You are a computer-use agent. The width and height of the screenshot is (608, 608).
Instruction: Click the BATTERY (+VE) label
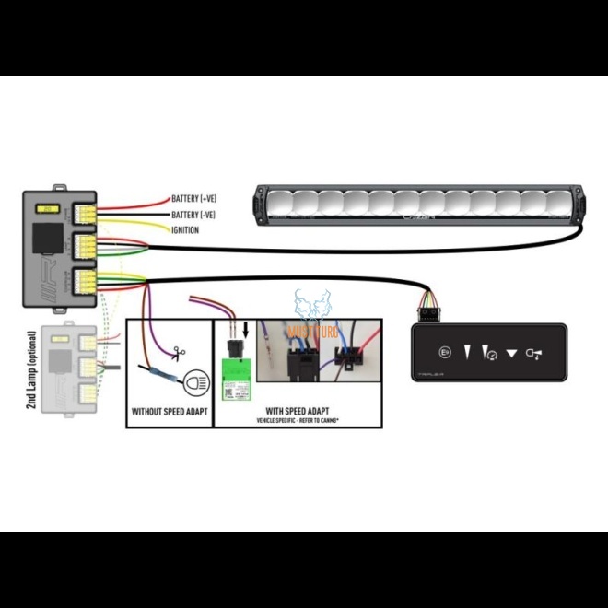[193, 199]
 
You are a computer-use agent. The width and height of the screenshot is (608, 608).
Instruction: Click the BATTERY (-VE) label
[193, 215]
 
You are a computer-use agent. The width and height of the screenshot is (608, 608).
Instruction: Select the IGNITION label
[185, 230]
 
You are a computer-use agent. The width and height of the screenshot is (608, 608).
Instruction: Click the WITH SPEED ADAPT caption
[292, 410]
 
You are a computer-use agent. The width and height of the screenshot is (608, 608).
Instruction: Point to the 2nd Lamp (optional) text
[32, 368]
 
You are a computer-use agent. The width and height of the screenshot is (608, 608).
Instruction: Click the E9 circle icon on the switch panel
[446, 352]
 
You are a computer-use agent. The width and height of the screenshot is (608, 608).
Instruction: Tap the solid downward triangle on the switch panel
[512, 352]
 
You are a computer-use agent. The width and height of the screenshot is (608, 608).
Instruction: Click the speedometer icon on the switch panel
[492, 353]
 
